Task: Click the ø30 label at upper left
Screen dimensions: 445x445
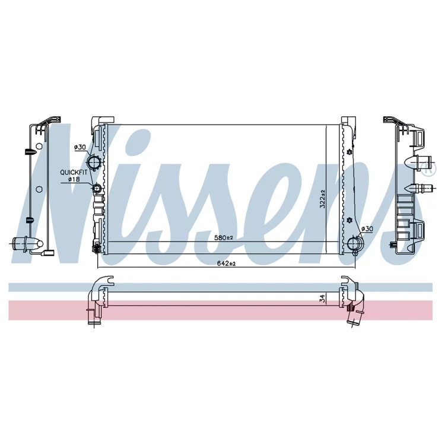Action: point(80,147)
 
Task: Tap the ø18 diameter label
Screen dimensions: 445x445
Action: point(74,179)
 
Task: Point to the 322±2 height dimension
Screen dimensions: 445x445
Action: point(322,199)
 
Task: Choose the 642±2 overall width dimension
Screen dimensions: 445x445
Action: point(226,263)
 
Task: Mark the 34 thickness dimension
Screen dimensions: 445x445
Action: point(322,298)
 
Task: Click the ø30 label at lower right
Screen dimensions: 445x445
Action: point(367,229)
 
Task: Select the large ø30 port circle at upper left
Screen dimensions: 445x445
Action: point(93,163)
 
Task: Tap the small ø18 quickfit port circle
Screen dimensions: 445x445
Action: point(97,187)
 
